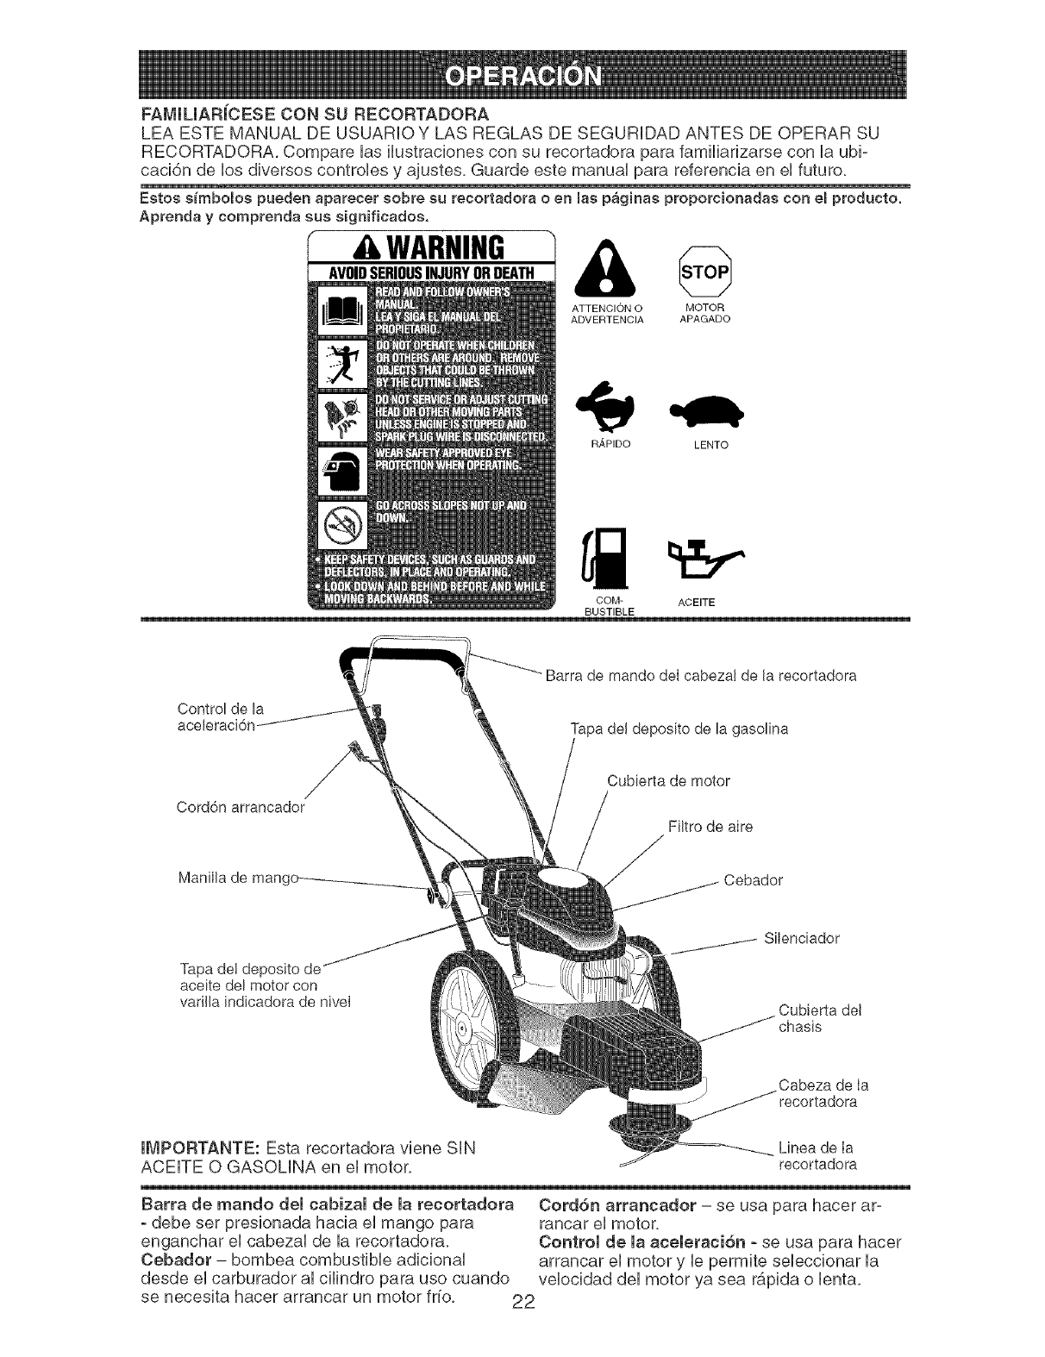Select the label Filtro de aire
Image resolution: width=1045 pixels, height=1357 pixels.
click(x=710, y=827)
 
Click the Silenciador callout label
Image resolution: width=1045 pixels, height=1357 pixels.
click(x=802, y=937)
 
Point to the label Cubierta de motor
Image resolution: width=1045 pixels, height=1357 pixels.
click(x=668, y=781)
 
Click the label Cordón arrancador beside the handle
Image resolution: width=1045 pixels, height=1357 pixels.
click(x=241, y=808)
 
